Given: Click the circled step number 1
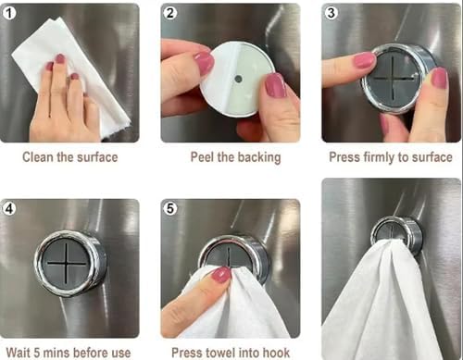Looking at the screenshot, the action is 9,13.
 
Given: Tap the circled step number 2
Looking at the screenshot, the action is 170,13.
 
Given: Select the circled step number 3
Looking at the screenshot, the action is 331,13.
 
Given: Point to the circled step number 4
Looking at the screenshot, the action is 9,208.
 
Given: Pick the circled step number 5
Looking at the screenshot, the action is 170,208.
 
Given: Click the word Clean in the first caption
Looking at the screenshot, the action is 38,157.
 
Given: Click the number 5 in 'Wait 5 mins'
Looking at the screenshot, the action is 37,353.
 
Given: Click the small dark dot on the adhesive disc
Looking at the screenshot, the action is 238,79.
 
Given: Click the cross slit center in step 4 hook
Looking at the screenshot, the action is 67,263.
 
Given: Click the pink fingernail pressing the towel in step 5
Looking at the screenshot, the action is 221,276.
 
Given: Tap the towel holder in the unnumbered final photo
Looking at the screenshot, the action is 396,235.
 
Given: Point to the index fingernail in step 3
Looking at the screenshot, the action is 364,60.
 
